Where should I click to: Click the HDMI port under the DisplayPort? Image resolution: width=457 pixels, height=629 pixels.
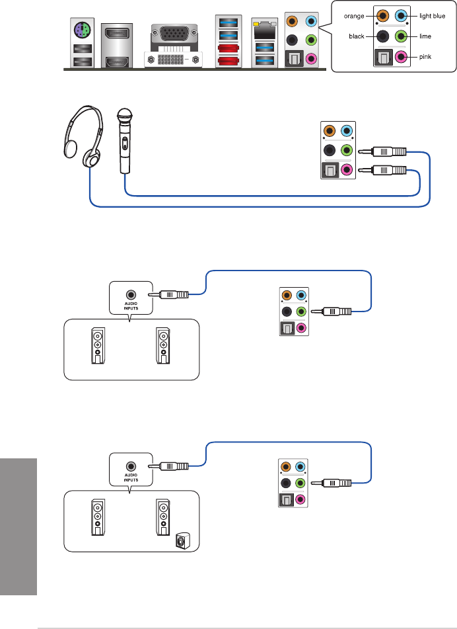tap(116, 62)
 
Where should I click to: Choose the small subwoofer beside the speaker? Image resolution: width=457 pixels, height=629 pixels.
tap(182, 542)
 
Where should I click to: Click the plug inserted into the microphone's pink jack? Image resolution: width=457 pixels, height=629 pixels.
tap(382, 171)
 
